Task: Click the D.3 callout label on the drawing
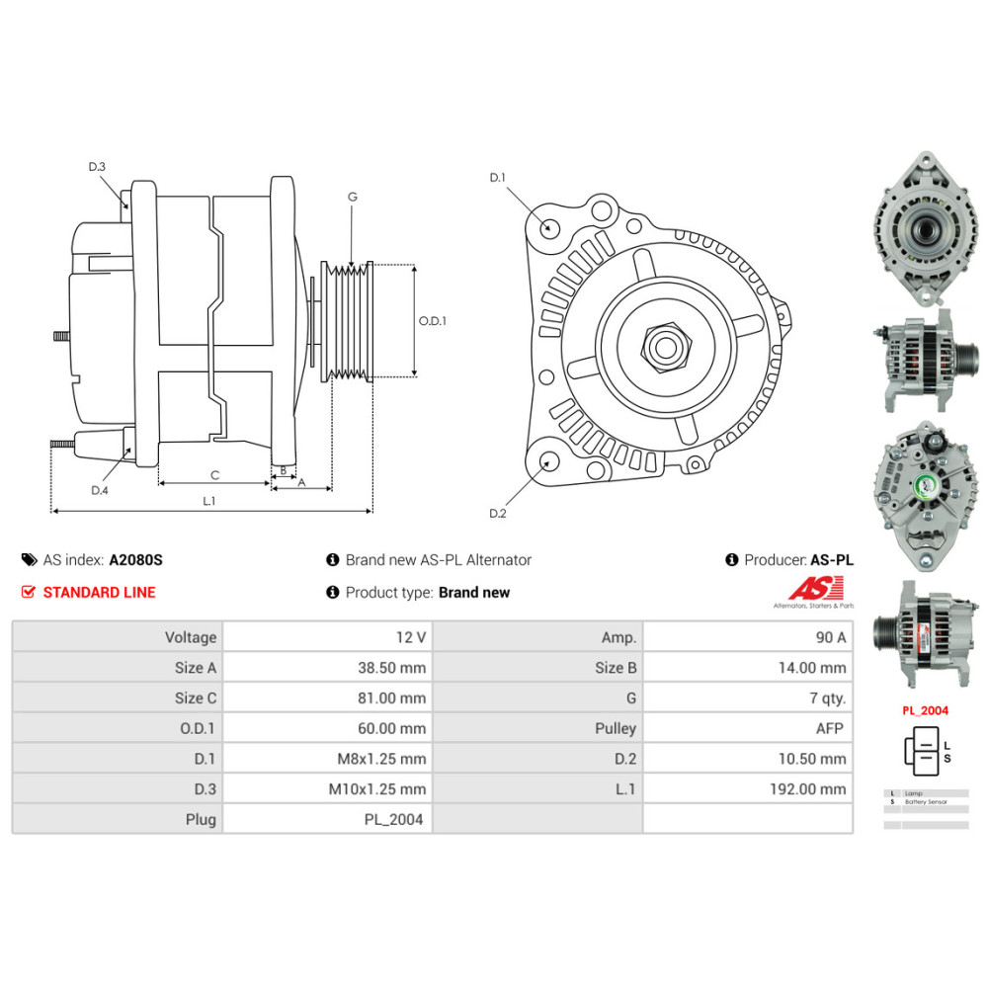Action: [97, 167]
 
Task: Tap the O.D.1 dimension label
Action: [433, 321]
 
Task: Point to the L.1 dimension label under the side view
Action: [209, 501]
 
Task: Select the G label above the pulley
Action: [352, 197]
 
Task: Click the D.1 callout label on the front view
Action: [497, 178]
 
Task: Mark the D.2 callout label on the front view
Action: [497, 513]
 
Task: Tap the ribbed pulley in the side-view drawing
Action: [349, 321]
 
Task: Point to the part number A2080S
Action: [135, 560]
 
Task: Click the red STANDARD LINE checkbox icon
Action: [28, 593]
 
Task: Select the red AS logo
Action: [813, 588]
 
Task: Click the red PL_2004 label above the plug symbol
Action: [924, 709]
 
